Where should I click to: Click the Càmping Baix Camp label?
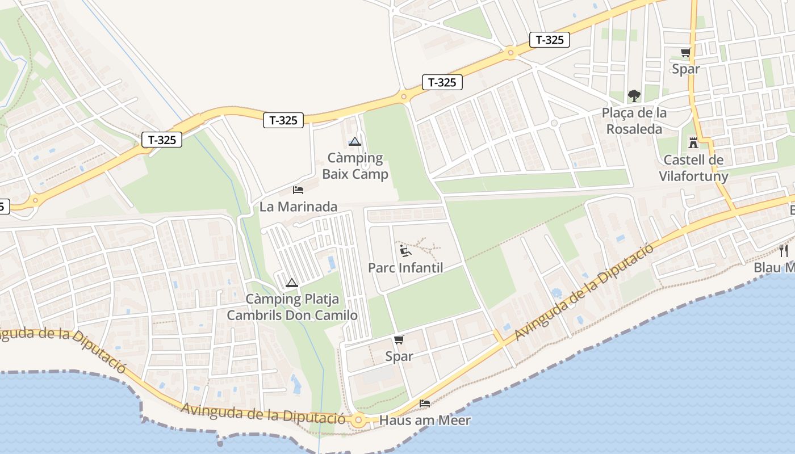(x=355, y=166)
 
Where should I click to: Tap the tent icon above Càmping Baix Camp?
(x=355, y=141)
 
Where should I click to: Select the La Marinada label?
(x=298, y=207)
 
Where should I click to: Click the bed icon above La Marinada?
(x=298, y=190)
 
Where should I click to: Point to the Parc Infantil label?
(x=405, y=267)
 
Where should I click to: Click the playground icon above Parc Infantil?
(x=405, y=250)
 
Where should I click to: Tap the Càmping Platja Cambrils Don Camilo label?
(x=292, y=307)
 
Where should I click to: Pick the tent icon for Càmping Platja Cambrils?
(x=291, y=283)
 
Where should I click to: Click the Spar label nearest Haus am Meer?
(x=399, y=356)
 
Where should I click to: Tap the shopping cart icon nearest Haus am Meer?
(x=399, y=339)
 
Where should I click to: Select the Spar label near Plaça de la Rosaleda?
(x=686, y=69)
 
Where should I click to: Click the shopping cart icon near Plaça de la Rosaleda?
(x=686, y=53)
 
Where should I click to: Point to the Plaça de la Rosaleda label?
(x=634, y=121)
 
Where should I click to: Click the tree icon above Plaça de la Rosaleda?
(x=634, y=95)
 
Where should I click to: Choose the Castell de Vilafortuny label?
(x=693, y=168)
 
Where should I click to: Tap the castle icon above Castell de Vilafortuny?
(x=693, y=142)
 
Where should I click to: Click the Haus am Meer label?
(x=425, y=421)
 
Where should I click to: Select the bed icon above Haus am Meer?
(x=425, y=403)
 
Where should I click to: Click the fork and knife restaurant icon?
(x=784, y=250)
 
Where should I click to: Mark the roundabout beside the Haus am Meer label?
(x=358, y=421)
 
